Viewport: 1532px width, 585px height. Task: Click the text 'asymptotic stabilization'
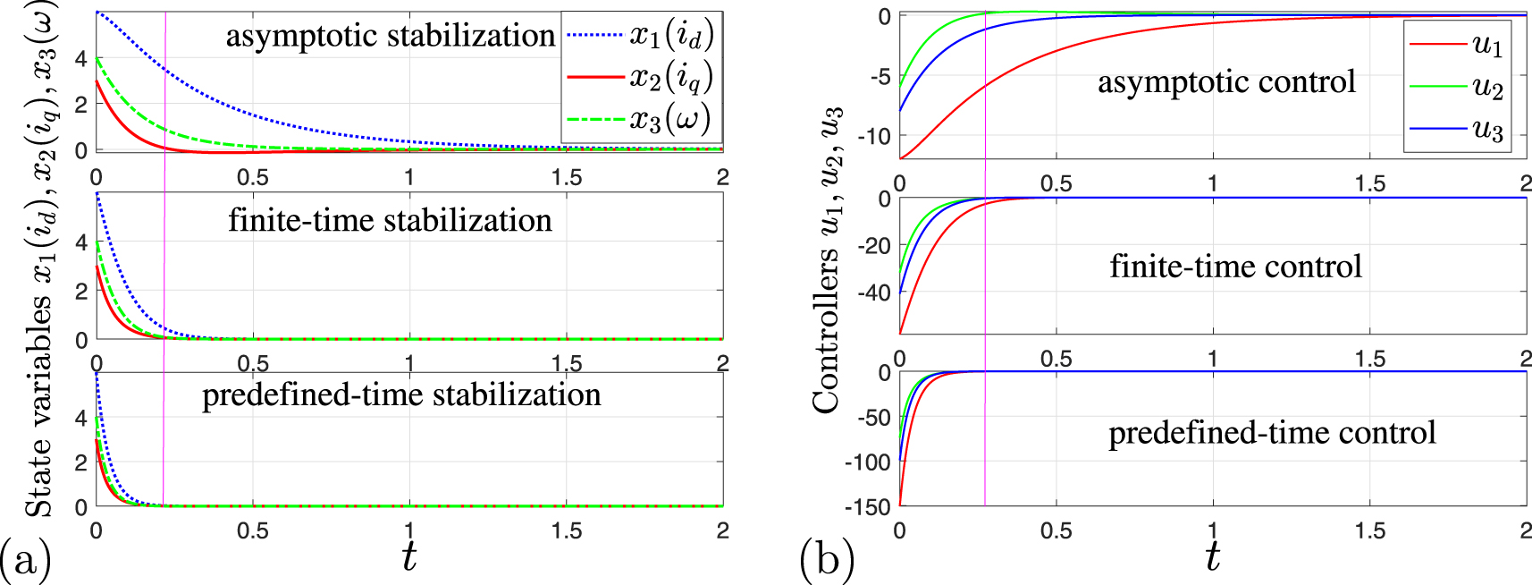(390, 36)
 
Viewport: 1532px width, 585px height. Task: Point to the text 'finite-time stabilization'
(390, 220)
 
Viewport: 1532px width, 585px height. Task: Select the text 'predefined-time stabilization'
(401, 394)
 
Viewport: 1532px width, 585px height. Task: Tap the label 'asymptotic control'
(1226, 82)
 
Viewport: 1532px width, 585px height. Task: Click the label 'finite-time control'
(1235, 267)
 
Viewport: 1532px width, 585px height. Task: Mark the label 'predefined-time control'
(1272, 433)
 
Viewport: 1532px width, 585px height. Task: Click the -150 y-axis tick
(868, 507)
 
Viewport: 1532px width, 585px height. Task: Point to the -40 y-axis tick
(874, 292)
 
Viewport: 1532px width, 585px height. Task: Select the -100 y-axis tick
(868, 462)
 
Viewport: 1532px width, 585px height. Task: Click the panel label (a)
(25, 560)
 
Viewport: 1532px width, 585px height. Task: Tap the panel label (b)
(827, 560)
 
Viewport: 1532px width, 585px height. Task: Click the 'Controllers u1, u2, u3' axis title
(828, 259)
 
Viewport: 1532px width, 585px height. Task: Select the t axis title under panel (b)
(1212, 556)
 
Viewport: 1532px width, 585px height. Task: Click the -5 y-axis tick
(881, 77)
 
